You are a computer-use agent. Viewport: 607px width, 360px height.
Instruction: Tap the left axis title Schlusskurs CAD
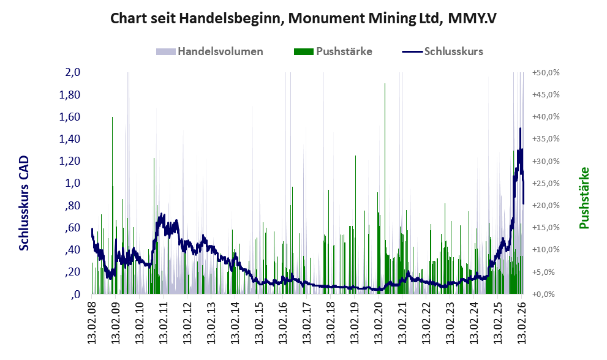click(24, 203)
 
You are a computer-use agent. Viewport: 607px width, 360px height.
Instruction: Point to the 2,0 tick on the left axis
click(72, 73)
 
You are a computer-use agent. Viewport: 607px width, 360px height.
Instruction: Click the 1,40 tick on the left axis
click(70, 139)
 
